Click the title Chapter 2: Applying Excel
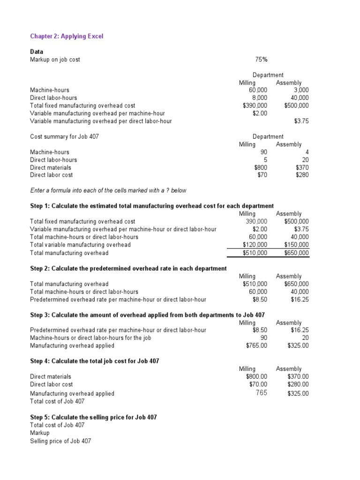[67, 36]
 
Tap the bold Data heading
[37, 52]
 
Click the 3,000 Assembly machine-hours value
[300, 90]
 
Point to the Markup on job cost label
[55, 60]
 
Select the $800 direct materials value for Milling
[261, 167]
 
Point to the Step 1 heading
[152, 206]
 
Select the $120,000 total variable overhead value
[255, 245]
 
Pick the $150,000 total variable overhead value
[297, 245]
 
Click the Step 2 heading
[128, 268]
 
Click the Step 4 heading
[94, 361]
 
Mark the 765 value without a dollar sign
[262, 393]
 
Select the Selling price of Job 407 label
[60, 441]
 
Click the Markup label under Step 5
[39, 433]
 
